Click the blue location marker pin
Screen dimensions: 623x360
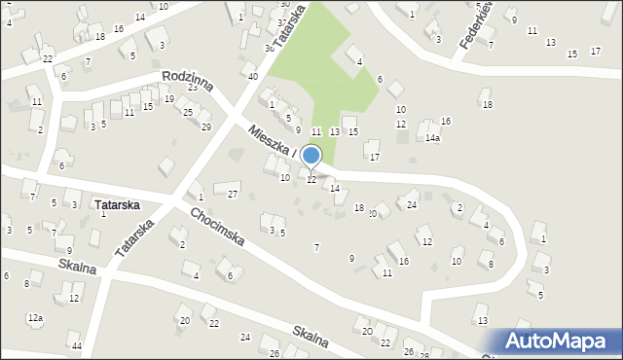pyautogui.click(x=311, y=156)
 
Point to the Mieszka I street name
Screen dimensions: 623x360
pyautogui.click(x=272, y=142)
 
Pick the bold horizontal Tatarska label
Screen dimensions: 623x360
pyautogui.click(x=117, y=205)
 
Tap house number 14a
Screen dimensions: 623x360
pyautogui.click(x=432, y=138)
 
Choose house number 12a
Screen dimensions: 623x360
pyautogui.click(x=35, y=318)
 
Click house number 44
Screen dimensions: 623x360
pyautogui.click(x=77, y=346)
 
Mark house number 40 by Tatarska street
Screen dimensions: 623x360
pyautogui.click(x=252, y=77)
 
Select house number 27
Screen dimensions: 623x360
pyautogui.click(x=233, y=195)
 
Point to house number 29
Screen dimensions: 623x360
pyautogui.click(x=205, y=127)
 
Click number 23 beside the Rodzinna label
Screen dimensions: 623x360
pyautogui.click(x=193, y=88)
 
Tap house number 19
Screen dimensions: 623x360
pyautogui.click(x=168, y=99)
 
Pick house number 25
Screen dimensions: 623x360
pyautogui.click(x=188, y=113)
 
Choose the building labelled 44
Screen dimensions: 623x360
pyautogui.click(x=74, y=338)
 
